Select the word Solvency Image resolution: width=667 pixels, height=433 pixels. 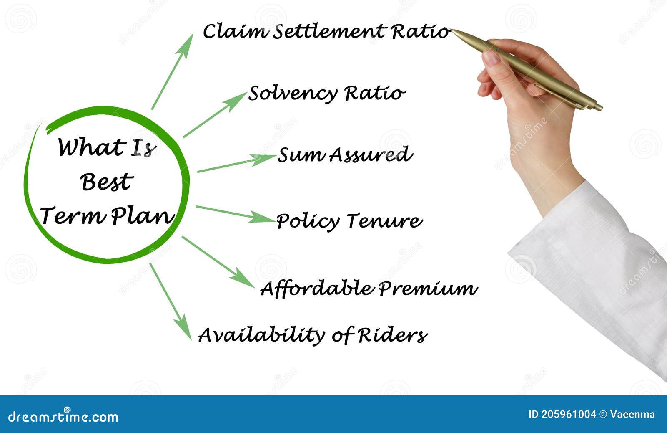(x=293, y=94)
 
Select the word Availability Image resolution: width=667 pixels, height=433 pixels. (x=261, y=335)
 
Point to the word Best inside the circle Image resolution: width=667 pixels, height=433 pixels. (x=107, y=182)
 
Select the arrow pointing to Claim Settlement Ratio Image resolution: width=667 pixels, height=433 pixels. (x=173, y=71)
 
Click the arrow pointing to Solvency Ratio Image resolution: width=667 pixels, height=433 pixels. (x=215, y=115)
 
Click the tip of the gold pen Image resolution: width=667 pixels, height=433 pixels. (x=453, y=30)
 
